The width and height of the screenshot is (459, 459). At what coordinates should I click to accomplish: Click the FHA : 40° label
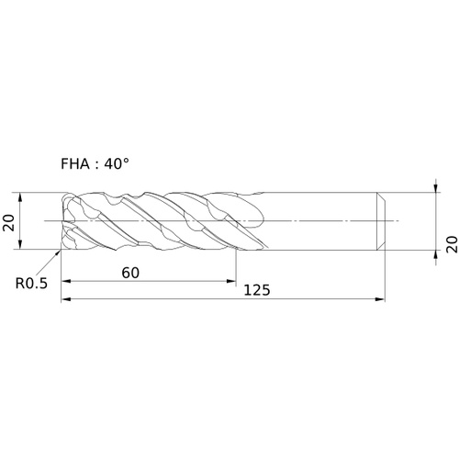click(95, 164)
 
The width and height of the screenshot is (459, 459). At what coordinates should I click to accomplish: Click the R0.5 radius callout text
click(31, 284)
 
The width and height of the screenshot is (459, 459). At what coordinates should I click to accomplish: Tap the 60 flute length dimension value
click(130, 273)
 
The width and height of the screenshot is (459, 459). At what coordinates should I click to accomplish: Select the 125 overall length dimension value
click(257, 290)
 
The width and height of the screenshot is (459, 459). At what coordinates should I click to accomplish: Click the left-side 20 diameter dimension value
click(8, 223)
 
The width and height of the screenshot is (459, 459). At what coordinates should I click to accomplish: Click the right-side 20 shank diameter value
click(452, 244)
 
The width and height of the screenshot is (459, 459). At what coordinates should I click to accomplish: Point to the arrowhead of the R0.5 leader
click(58, 252)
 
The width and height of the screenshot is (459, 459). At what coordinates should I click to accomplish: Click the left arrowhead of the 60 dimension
click(66, 281)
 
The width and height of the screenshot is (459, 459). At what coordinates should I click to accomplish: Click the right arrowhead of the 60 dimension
click(231, 281)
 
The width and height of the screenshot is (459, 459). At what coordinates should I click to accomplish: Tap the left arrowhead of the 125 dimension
click(66, 299)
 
